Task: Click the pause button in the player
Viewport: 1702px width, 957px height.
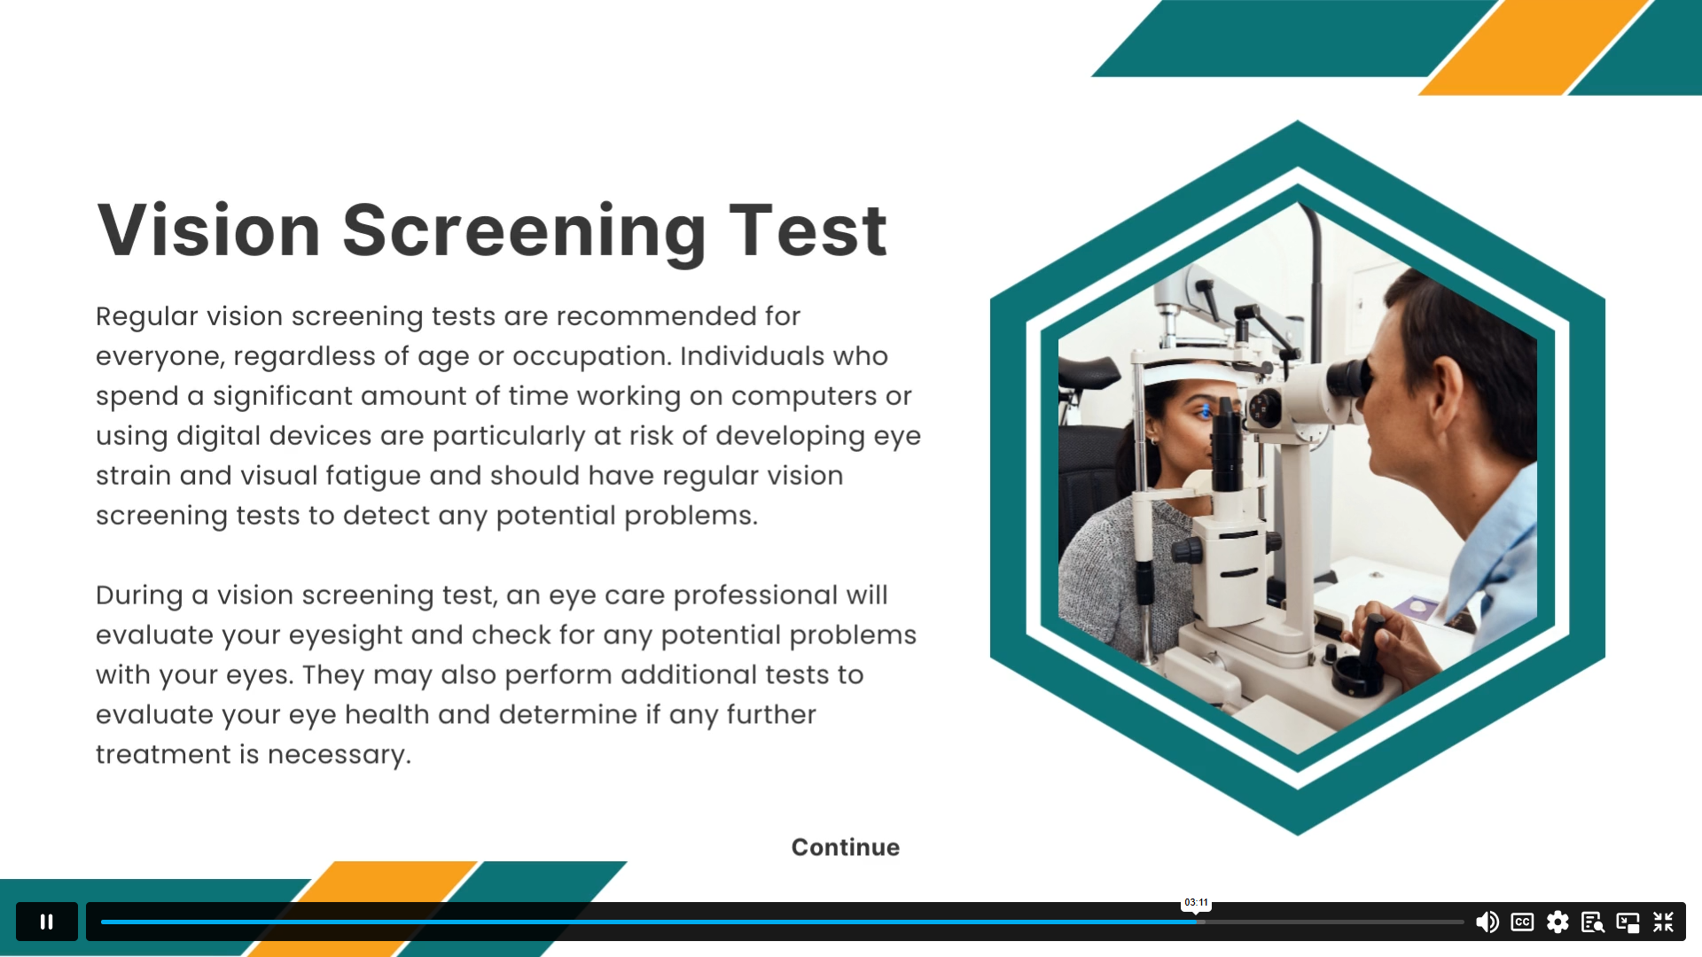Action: click(47, 922)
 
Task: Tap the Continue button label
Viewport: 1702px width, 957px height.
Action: click(846, 847)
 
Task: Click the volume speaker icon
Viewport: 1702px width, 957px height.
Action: click(1487, 922)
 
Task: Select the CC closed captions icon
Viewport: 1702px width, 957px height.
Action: click(1522, 922)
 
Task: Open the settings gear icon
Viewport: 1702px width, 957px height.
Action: click(1558, 922)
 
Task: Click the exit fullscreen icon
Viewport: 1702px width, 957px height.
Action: click(1663, 922)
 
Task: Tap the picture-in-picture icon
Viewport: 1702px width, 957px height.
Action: click(1628, 922)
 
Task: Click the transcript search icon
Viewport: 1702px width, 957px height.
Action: click(1593, 922)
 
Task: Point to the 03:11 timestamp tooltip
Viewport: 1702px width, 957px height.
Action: click(1196, 902)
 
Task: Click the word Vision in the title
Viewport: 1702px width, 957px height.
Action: click(208, 230)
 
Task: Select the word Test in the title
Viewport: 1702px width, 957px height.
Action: click(808, 230)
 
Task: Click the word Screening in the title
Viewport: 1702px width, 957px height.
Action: click(524, 232)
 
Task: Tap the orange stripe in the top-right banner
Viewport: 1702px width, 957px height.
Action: click(1536, 47)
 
